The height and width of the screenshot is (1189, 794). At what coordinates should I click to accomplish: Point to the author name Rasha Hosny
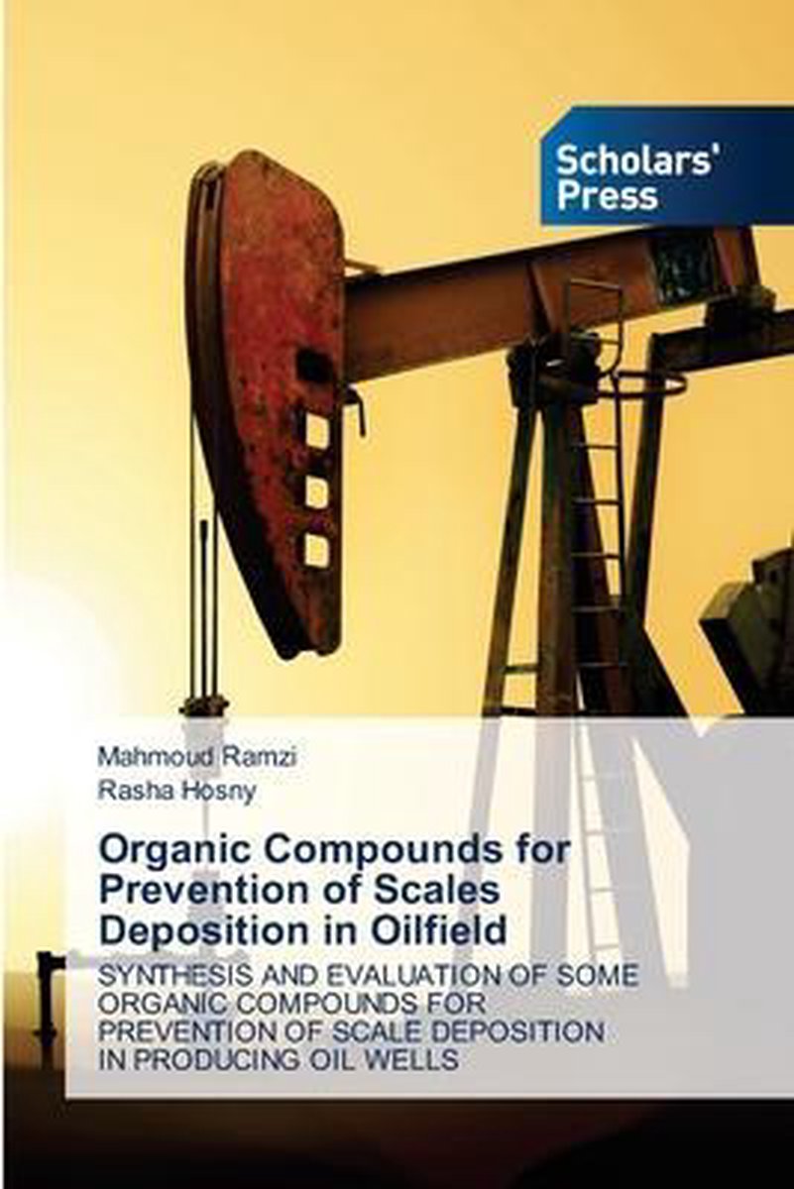pos(177,791)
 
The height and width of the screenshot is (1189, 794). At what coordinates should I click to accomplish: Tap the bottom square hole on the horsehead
pos(317,548)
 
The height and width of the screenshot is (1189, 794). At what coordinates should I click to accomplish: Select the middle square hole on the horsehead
pos(317,489)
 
